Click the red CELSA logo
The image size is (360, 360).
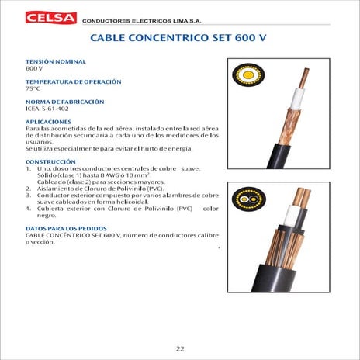[51, 16]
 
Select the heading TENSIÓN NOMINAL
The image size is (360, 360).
[56, 61]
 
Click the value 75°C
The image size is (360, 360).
[33, 88]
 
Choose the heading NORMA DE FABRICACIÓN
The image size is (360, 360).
[66, 102]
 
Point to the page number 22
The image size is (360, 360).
[180, 348]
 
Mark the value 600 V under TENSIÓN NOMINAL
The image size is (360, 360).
[34, 68]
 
